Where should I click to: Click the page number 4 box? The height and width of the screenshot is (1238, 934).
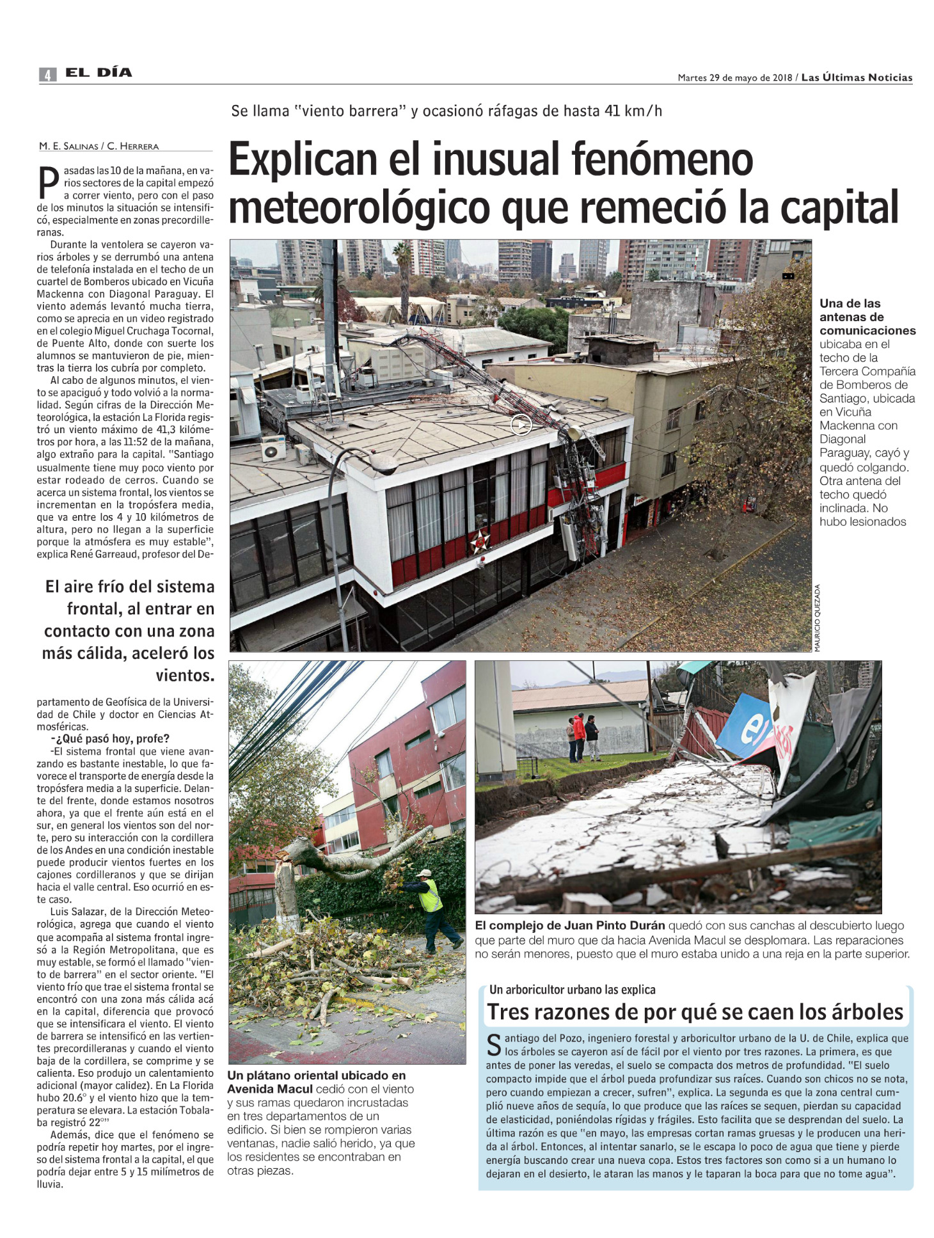(47, 75)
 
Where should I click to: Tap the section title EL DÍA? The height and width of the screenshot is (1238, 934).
(99, 73)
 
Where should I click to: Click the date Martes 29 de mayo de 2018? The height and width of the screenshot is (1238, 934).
(734, 78)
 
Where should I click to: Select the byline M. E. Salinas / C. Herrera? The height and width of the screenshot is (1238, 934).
(99, 146)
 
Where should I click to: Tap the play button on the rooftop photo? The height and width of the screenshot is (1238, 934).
(521, 424)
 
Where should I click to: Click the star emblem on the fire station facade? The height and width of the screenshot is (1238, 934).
(479, 541)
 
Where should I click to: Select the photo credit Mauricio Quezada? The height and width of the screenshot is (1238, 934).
(817, 617)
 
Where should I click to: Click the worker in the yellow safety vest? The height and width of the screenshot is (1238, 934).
(429, 894)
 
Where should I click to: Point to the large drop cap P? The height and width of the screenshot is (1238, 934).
(48, 183)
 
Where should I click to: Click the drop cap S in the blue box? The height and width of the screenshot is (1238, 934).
(494, 1045)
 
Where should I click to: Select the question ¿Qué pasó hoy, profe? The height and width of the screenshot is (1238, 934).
(110, 738)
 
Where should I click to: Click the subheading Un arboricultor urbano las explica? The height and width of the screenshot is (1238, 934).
(572, 989)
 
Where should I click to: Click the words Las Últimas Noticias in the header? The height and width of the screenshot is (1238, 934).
(857, 77)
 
